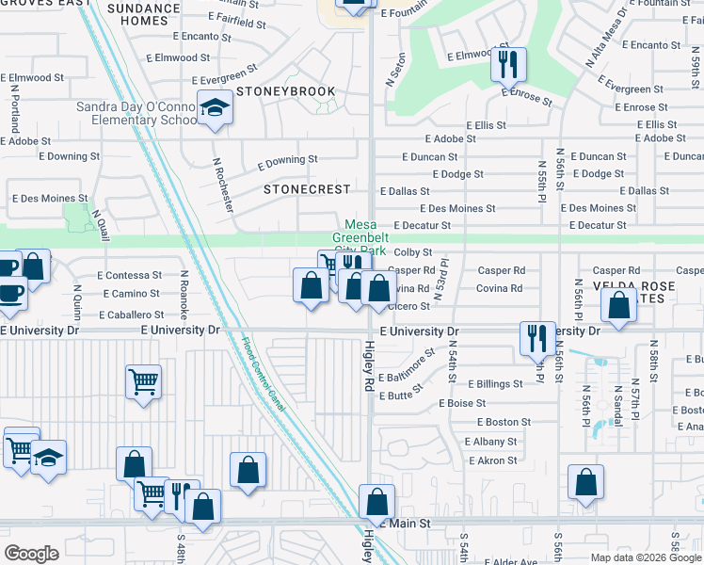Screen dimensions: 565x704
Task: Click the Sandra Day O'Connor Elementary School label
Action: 136,114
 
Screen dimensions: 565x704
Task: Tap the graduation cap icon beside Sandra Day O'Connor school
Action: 216,108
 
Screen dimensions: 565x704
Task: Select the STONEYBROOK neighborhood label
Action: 285,91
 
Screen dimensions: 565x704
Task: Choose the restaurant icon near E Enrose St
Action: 507,65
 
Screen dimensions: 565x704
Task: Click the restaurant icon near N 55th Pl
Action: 536,338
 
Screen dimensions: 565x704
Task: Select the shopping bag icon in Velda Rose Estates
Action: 617,307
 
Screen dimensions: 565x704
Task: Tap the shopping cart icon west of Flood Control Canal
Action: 143,382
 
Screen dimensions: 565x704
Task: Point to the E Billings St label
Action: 489,384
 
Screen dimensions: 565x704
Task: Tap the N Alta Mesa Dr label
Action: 605,38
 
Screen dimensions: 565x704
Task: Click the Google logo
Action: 31,554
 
